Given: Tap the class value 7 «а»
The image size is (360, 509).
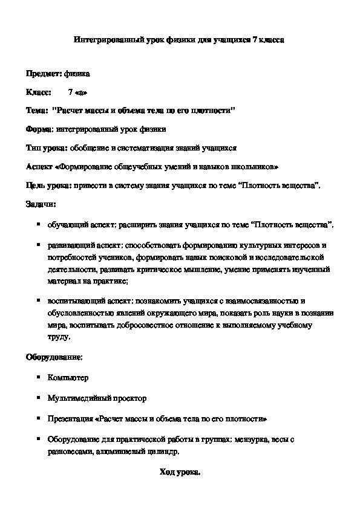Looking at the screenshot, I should tap(79, 92).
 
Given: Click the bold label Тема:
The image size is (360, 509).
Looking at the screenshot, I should tap(36, 111).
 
